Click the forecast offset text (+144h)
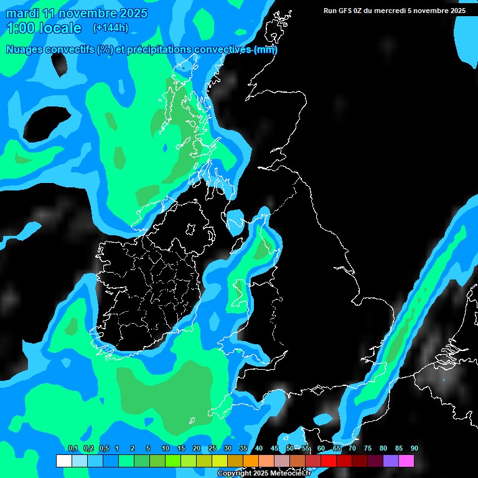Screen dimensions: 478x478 click(x=110, y=27)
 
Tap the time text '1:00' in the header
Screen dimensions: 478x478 click(x=21, y=28)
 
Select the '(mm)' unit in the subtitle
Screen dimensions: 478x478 click(x=266, y=50)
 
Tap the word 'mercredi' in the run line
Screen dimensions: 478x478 click(x=405, y=11)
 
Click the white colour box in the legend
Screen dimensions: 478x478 click(x=63, y=461)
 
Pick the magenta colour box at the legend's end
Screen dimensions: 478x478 click(x=406, y=461)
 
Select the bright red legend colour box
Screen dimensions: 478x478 click(x=329, y=461)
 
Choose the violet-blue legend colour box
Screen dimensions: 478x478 click(x=391, y=461)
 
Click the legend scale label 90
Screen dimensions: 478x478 click(x=415, y=449)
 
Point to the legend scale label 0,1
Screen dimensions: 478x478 click(x=72, y=449)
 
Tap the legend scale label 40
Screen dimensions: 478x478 click(x=258, y=449)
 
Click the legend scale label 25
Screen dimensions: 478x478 click(x=212, y=449)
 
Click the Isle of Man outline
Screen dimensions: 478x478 click(x=235, y=220)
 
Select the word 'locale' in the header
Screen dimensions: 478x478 click(x=60, y=28)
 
